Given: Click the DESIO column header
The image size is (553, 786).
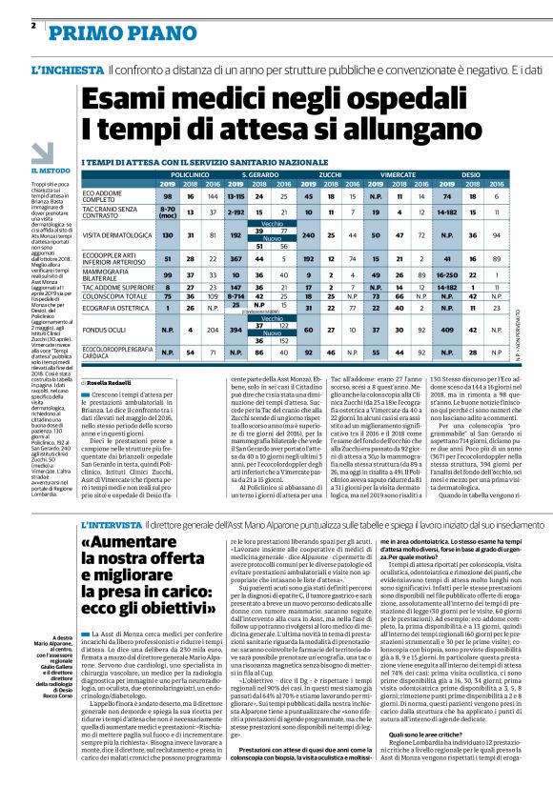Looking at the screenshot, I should tap(471, 177).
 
